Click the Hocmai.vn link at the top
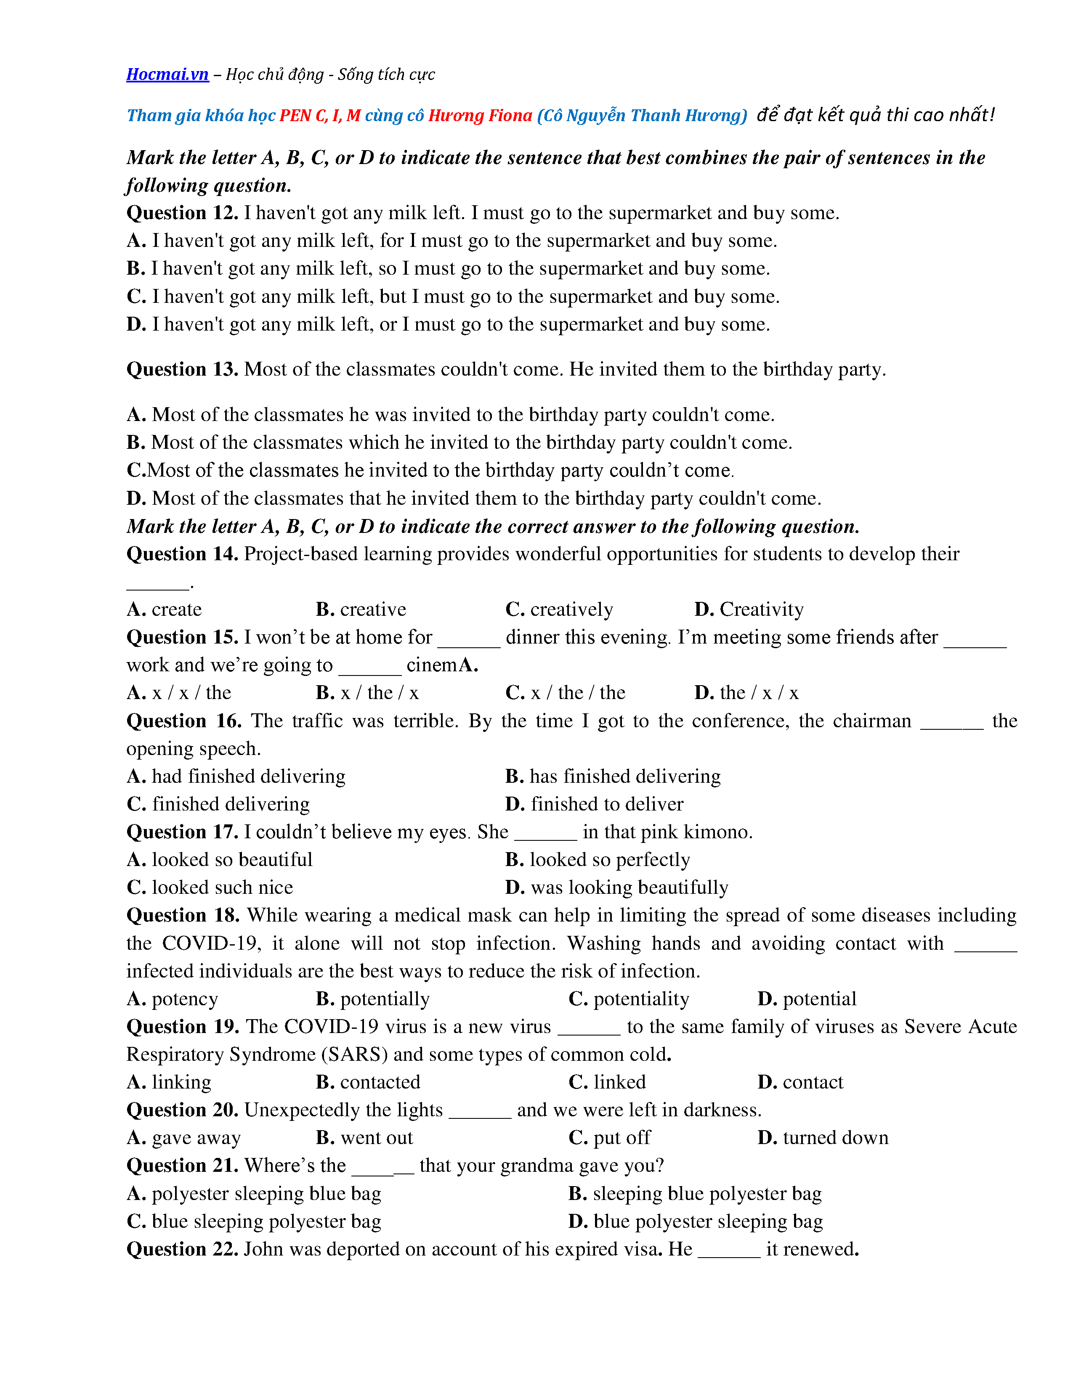[167, 74]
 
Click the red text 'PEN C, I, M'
[320, 116]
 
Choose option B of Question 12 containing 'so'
[448, 269]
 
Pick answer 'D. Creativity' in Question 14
[749, 609]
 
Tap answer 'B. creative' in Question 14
[361, 609]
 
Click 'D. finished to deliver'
[594, 805]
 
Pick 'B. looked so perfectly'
[598, 860]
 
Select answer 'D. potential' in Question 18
[807, 999]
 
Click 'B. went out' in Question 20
[364, 1138]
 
